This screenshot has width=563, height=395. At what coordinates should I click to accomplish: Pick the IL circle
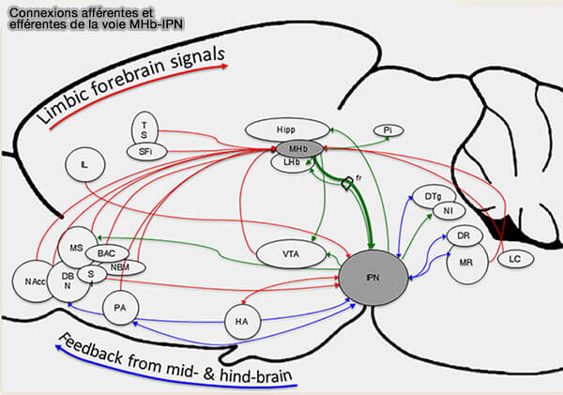(x=85, y=166)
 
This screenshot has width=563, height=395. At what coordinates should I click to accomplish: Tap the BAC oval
(x=106, y=252)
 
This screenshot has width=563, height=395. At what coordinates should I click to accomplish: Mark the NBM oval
(x=120, y=267)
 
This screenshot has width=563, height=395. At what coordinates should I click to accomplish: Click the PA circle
(x=119, y=308)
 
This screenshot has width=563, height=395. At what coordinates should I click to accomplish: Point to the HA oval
(x=241, y=323)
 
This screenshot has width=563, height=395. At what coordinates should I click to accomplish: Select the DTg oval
(x=433, y=196)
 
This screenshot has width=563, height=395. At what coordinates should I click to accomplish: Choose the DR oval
(x=463, y=235)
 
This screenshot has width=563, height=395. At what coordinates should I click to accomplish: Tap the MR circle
(x=464, y=264)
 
